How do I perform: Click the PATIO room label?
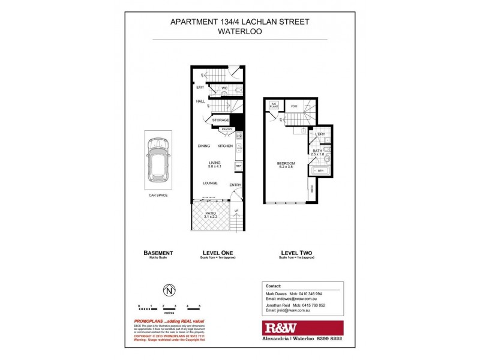click(209, 214)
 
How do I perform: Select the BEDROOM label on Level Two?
click(286, 164)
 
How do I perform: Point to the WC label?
click(224, 89)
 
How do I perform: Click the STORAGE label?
click(220, 121)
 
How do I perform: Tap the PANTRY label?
click(227, 129)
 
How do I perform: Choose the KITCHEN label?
click(225, 146)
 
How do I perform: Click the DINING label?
click(204, 146)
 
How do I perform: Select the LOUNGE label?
click(209, 183)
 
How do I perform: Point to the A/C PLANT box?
click(274, 106)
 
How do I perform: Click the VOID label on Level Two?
click(294, 106)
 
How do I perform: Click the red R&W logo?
click(302, 328)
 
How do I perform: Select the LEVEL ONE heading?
click(218, 253)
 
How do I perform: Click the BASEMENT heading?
click(158, 253)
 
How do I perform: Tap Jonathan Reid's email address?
click(296, 311)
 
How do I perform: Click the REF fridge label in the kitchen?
click(238, 166)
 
